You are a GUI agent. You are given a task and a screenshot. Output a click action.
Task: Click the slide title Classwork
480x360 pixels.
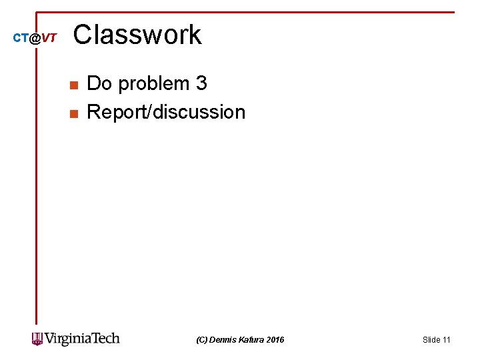coord(137,35)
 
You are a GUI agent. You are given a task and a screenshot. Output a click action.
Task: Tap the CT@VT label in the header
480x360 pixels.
coord(35,39)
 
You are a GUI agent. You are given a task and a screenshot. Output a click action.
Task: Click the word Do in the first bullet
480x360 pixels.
coord(99,83)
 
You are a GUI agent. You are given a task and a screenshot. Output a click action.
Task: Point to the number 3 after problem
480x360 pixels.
coord(201,83)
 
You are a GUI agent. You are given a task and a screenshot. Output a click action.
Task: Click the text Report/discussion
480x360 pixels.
coord(166,112)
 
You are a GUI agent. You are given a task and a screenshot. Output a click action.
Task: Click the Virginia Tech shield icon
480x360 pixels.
coord(37,339)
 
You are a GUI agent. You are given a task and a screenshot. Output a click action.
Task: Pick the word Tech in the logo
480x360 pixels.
coord(105,339)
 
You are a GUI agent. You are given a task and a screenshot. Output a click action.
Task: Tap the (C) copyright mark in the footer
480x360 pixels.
coord(201,340)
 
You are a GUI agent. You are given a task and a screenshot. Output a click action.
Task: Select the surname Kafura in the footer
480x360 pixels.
coord(252,340)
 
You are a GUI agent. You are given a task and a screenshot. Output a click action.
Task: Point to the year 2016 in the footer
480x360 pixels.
coord(275,340)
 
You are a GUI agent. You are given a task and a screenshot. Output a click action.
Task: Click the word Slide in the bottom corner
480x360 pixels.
coord(431,340)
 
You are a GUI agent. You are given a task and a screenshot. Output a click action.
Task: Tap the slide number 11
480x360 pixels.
coord(447,340)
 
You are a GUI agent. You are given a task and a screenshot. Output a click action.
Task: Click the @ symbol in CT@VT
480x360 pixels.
coord(35,39)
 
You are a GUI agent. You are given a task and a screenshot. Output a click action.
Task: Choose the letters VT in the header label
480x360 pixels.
coord(49,39)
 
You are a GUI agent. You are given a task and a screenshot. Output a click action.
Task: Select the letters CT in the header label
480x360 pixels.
coord(21,39)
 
